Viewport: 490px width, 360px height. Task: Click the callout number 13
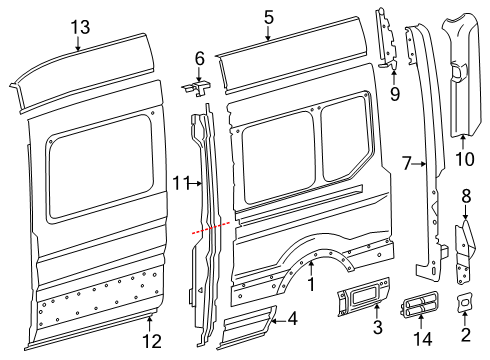pyautogui.click(x=79, y=27)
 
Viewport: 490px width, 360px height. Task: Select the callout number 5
pyautogui.click(x=268, y=17)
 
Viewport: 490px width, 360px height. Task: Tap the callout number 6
pyautogui.click(x=199, y=59)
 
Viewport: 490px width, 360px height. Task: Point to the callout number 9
pyautogui.click(x=394, y=95)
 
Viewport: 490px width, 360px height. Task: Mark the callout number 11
pyautogui.click(x=180, y=183)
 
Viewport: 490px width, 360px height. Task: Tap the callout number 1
pyautogui.click(x=310, y=286)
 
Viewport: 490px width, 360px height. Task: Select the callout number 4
pyautogui.click(x=292, y=320)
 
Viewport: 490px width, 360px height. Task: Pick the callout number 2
pyautogui.click(x=466, y=335)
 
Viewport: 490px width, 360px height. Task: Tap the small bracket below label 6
pyautogui.click(x=200, y=90)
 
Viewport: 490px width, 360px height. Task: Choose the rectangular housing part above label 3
pyautogui.click(x=362, y=296)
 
